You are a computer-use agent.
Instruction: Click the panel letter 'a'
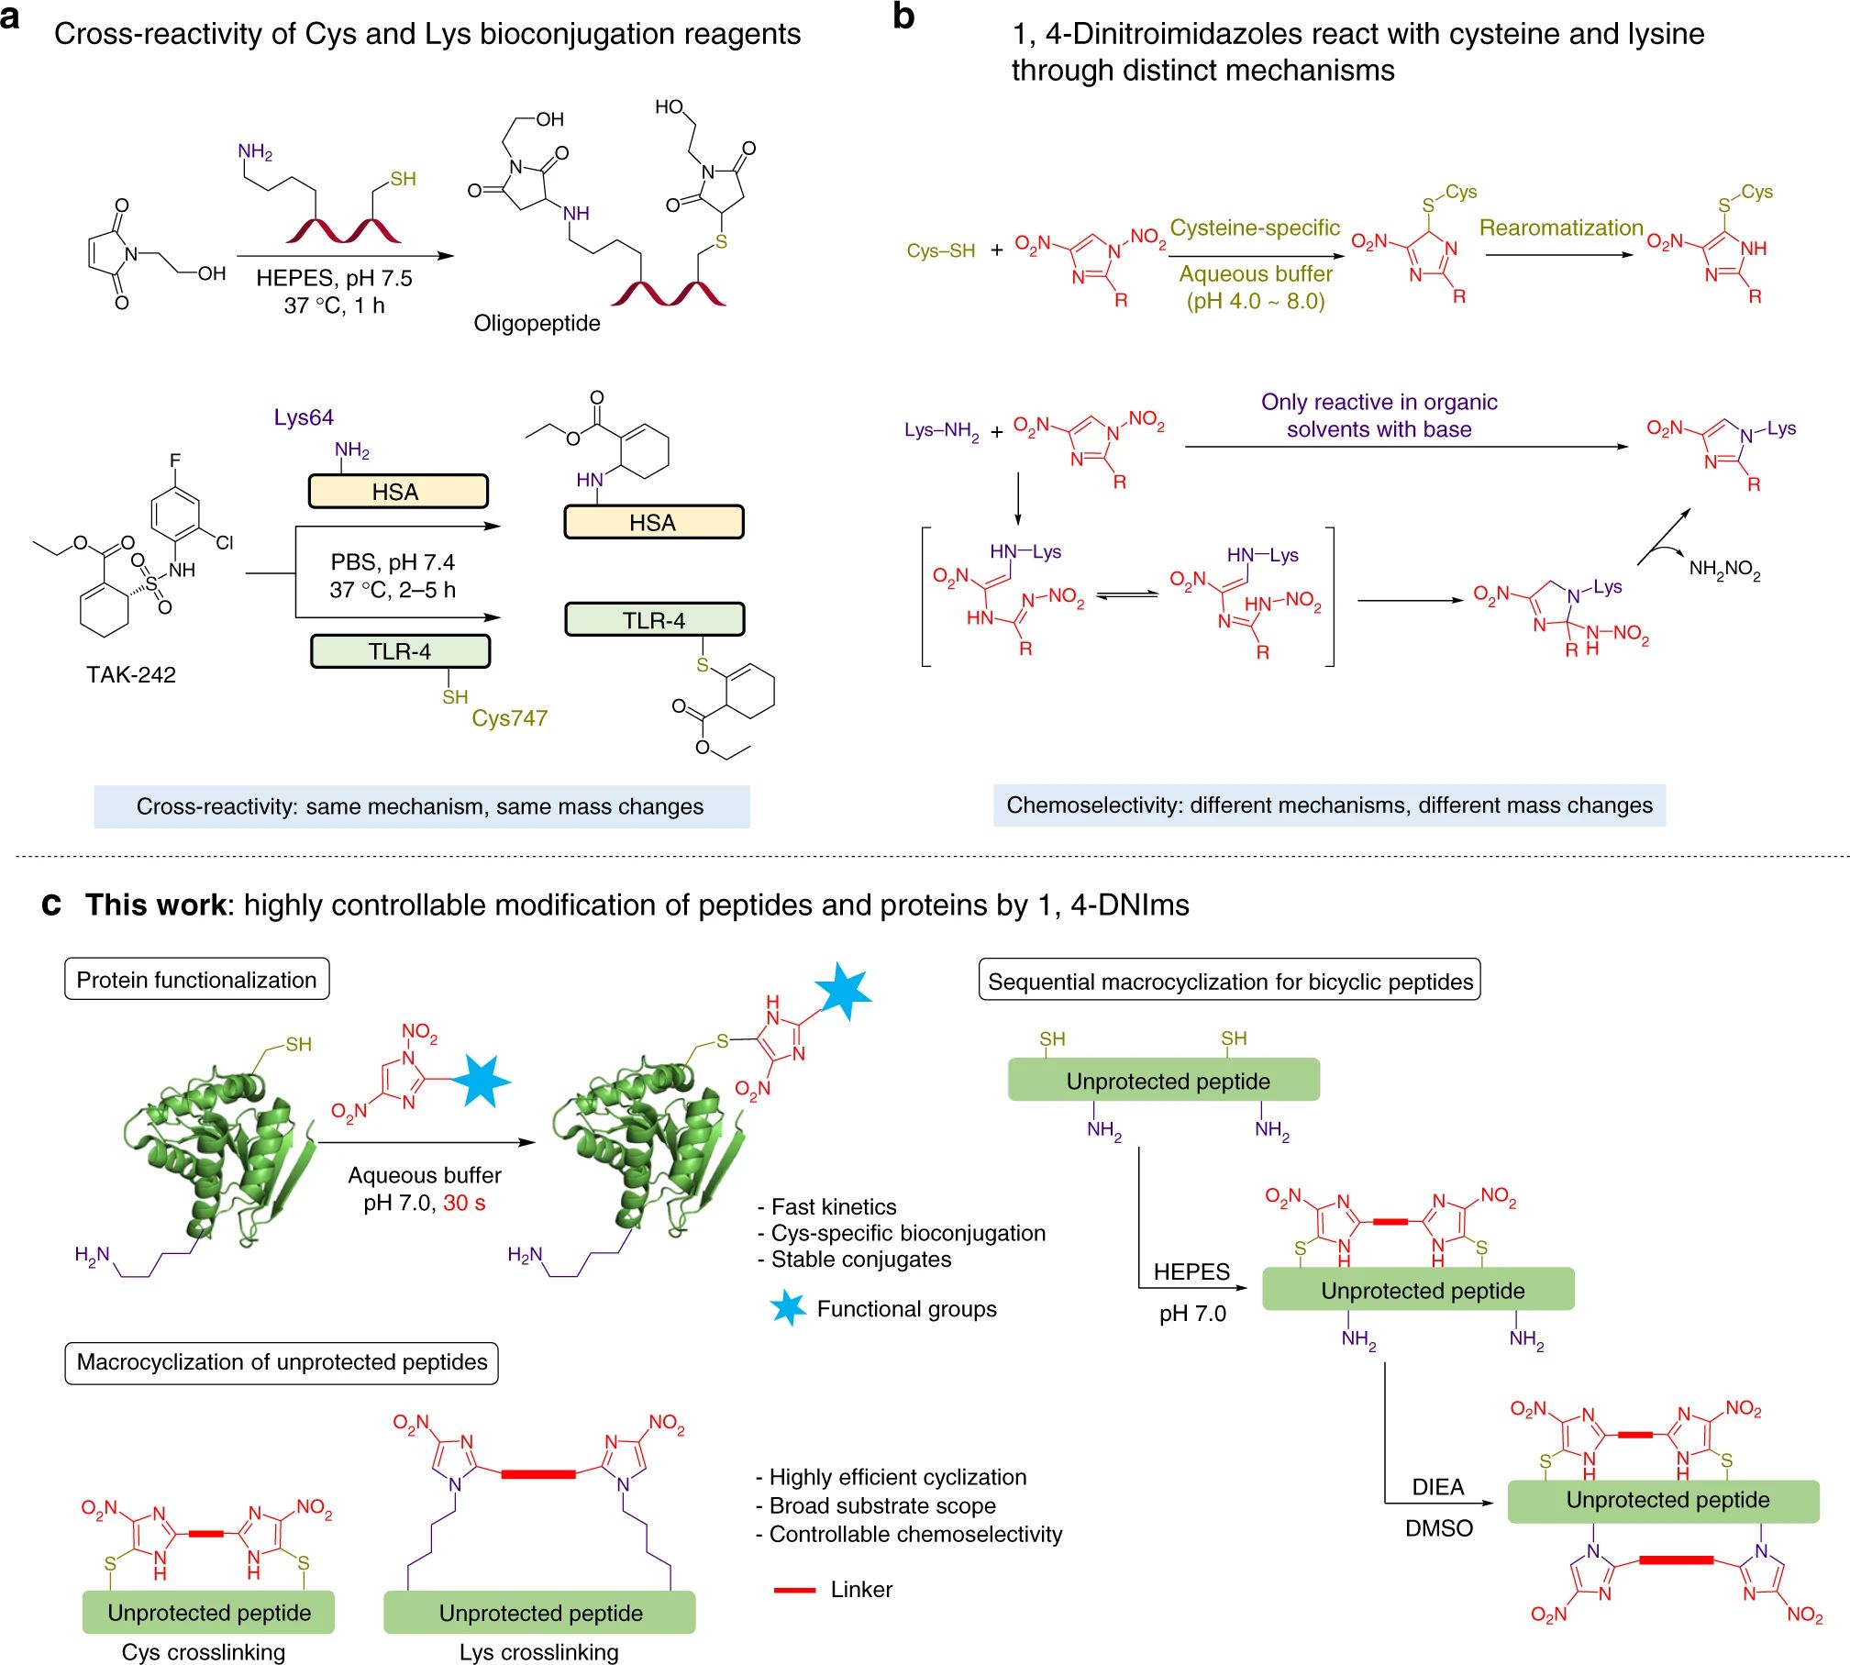click(11, 18)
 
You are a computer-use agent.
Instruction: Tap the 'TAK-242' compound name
click(131, 675)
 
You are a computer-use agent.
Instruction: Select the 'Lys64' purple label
click(304, 417)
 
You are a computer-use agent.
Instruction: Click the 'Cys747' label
click(509, 718)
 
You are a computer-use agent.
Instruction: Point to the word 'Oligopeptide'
click(537, 324)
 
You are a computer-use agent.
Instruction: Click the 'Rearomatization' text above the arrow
click(1561, 228)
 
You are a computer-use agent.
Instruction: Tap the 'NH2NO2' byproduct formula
click(1724, 570)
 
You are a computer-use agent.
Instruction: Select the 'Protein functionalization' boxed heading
click(196, 980)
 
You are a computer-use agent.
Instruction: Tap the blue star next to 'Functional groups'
click(788, 1308)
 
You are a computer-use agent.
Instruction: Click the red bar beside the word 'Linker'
click(794, 1590)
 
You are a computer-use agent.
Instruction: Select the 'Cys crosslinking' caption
click(204, 1651)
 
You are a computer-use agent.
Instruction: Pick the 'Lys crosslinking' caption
click(539, 1651)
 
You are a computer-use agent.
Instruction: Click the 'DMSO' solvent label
click(1439, 1528)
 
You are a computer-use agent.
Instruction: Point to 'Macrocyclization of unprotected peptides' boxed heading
click(282, 1362)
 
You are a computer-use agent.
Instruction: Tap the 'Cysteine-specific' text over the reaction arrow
click(1255, 228)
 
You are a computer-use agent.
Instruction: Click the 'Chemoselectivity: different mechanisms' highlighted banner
click(1329, 805)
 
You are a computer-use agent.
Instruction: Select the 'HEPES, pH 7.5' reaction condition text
click(334, 278)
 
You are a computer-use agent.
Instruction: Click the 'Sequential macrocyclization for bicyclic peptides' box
click(1230, 982)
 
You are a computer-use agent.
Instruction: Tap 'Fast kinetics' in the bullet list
click(833, 1207)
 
